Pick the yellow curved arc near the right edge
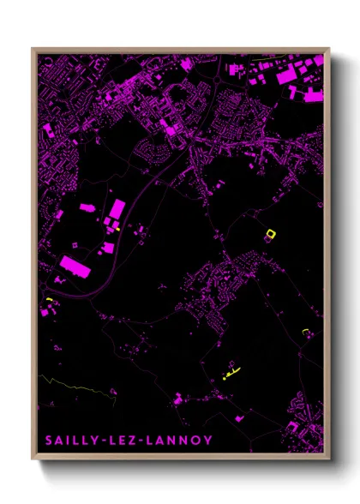click(306, 330)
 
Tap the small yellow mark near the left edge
click(50, 298)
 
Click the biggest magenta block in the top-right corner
click(289, 75)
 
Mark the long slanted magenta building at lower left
click(76, 267)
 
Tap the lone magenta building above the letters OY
click(178, 398)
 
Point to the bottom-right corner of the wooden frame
click(329, 461)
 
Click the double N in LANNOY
click(175, 441)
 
